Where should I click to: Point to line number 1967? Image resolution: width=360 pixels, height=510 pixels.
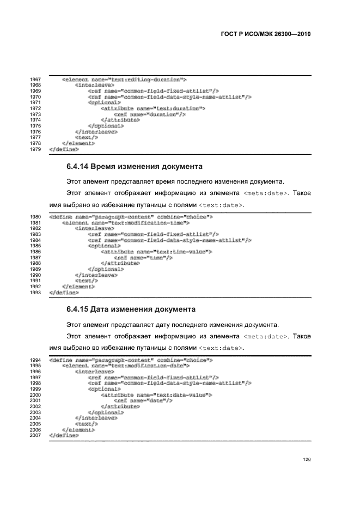35,80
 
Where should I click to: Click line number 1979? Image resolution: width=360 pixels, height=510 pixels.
35,148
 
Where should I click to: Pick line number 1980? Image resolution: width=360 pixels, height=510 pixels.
35,217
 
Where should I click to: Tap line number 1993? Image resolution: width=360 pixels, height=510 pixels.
35,292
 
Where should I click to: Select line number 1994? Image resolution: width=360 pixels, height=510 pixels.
35,360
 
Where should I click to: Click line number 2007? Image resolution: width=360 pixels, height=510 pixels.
35,436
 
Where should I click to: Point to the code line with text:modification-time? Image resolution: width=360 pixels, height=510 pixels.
130,222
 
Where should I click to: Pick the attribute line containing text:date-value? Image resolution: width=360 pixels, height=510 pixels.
156,394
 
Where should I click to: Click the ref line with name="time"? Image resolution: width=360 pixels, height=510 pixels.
143,257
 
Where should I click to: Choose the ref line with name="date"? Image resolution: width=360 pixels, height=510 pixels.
143,400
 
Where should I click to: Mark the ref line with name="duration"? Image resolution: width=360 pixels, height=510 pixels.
150,114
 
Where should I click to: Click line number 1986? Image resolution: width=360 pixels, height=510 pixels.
35,251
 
